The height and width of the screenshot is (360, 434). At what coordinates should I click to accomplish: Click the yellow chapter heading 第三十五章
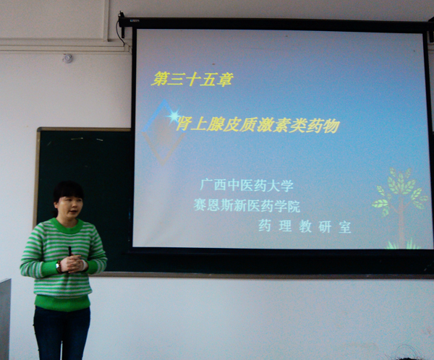(192, 79)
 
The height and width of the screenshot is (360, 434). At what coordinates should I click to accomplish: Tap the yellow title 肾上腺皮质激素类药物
(258, 125)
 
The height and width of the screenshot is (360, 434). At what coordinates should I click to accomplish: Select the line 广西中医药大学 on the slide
(247, 185)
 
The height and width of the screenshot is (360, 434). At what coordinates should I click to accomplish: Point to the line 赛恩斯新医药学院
(247, 205)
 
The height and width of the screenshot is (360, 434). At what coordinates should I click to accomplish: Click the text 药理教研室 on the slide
(305, 226)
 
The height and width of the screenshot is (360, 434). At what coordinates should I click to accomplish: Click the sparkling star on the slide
(174, 116)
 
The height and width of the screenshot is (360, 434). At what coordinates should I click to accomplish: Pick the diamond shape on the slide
(163, 132)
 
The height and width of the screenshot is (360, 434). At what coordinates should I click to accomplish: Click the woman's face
(69, 207)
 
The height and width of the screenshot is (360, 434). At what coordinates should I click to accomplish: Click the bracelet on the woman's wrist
(58, 267)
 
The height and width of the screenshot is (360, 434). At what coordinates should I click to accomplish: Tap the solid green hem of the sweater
(62, 303)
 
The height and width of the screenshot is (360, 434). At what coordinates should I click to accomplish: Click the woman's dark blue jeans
(61, 333)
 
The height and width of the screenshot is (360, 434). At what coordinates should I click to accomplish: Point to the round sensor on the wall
(67, 58)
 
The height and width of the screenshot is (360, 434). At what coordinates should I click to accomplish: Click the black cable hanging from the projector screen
(122, 25)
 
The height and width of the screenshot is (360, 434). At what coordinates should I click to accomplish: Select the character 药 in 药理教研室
(265, 226)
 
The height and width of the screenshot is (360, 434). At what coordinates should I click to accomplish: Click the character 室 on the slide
(345, 227)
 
